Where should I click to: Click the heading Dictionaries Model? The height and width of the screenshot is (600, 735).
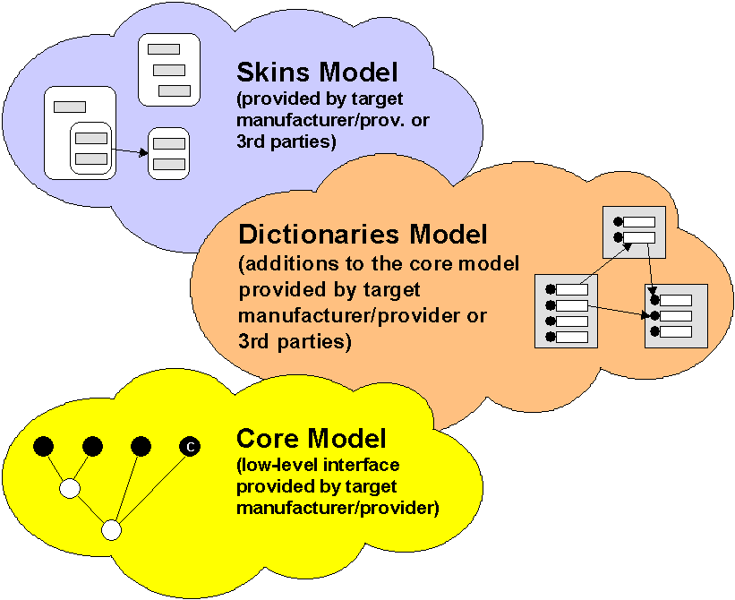[363, 236]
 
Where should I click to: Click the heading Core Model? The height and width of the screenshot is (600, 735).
[311, 439]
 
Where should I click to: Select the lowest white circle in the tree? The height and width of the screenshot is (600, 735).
[111, 530]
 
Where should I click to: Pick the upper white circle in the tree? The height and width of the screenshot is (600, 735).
[69, 489]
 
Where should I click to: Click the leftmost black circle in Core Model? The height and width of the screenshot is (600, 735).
[43, 445]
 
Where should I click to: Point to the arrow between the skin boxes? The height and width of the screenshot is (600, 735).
[130, 151]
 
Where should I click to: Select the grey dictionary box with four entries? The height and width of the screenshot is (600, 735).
[565, 312]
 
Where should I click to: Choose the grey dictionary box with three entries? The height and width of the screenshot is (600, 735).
[676, 315]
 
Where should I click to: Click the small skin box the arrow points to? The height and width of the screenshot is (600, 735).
[168, 153]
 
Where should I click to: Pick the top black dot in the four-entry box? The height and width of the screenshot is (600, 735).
[549, 289]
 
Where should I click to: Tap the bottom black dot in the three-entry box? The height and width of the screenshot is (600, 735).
[655, 331]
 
